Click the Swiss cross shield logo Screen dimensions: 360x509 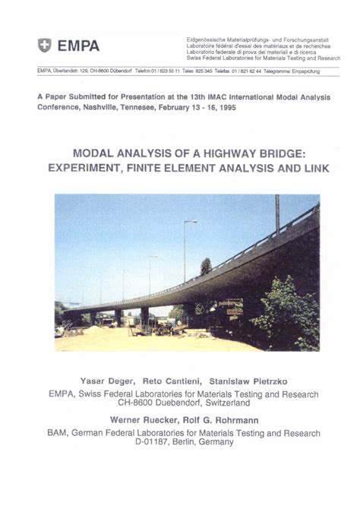coord(45,46)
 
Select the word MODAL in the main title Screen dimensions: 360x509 coord(97,152)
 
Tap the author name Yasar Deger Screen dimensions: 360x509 coord(105,380)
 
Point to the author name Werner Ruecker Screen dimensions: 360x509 coord(141,419)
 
